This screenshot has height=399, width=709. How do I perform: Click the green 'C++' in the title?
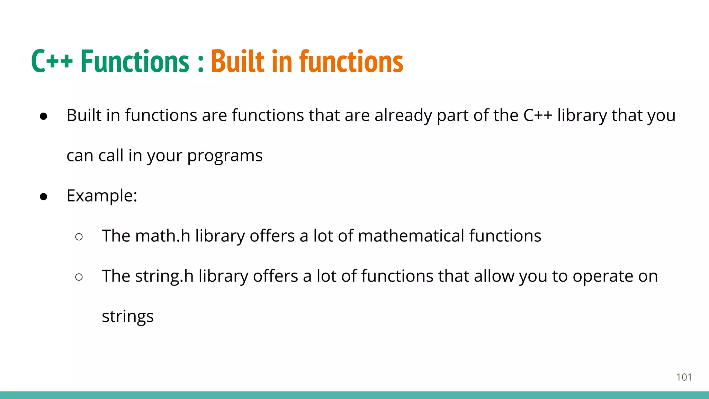pos(52,62)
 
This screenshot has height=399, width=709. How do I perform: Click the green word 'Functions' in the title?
pos(135,62)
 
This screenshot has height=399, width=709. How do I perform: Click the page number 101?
pos(684,377)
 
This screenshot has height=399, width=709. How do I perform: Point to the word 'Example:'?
pos(102,196)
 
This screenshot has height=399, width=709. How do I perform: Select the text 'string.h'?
pos(164,276)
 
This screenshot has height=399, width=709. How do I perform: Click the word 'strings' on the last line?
pos(127,317)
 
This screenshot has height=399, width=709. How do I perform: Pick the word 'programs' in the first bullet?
pos(225,156)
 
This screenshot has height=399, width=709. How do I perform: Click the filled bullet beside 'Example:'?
pos(44,197)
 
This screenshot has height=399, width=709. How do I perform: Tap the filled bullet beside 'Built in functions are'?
pos(44,116)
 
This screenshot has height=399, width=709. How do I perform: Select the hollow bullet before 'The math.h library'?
pos(79,237)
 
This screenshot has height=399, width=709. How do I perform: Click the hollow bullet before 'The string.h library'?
pos(79,277)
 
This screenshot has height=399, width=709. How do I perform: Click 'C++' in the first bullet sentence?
pos(538,116)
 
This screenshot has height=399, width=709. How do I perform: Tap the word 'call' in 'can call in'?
pos(111,156)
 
